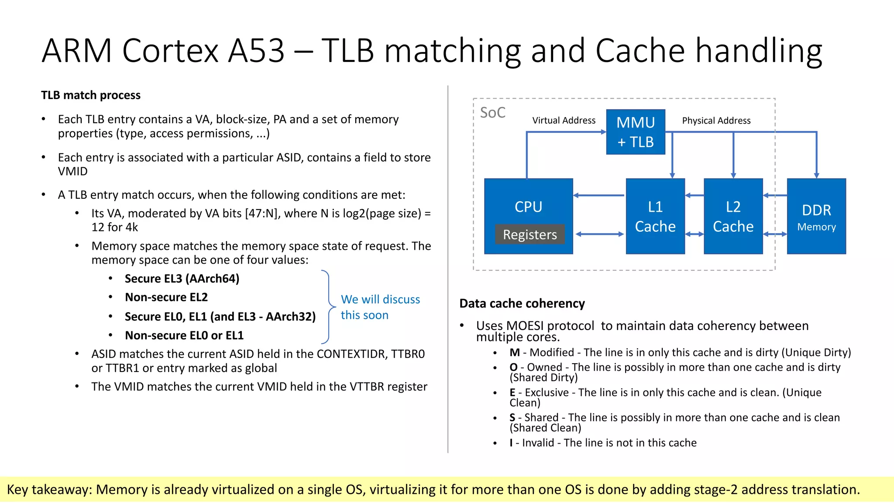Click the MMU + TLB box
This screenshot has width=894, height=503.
coord(635,132)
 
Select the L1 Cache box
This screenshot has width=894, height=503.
coord(655,216)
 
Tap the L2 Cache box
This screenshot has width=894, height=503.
coord(733,216)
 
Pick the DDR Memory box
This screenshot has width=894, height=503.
coord(816,216)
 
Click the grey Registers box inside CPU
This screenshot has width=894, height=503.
coord(530,234)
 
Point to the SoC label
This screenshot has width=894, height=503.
coord(492,113)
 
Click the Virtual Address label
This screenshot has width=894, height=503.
coord(564,121)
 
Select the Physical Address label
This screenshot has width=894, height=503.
coord(716,121)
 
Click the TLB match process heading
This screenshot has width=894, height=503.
coord(91,95)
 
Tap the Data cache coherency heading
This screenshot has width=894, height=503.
coord(522,303)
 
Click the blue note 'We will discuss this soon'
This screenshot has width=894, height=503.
coord(380,307)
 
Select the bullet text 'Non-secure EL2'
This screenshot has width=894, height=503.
coord(166,297)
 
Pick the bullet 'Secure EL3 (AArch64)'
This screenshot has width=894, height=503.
coord(182,279)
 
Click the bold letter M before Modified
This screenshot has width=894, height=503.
coord(515,352)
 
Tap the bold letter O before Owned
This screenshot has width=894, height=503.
coord(513,367)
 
